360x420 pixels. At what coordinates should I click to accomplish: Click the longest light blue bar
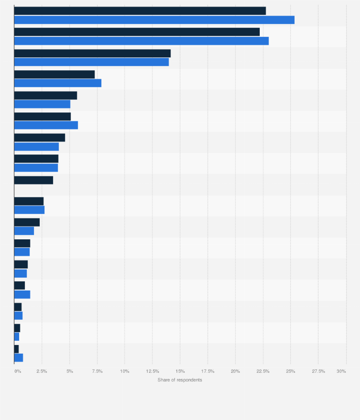(x=154, y=20)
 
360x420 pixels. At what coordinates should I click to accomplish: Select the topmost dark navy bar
(x=140, y=11)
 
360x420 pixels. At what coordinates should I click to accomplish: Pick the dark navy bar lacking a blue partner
(x=33, y=180)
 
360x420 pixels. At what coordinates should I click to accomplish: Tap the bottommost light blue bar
(x=19, y=357)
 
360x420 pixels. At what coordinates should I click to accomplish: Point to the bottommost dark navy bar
(x=16, y=349)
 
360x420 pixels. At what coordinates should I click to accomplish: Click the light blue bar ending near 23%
(x=141, y=41)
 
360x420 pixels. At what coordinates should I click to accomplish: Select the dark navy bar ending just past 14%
(x=92, y=53)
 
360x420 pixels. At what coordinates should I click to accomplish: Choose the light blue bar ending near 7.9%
(x=58, y=83)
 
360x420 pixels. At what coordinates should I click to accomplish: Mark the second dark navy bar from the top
(x=137, y=32)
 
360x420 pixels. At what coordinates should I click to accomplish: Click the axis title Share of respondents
(x=180, y=380)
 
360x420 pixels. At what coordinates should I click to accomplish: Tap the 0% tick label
(x=17, y=371)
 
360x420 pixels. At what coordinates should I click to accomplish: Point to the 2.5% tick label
(x=42, y=371)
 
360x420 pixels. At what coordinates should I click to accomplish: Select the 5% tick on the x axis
(x=69, y=371)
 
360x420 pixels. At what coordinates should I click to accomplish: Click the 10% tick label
(x=125, y=371)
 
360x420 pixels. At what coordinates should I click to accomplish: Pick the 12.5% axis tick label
(x=152, y=371)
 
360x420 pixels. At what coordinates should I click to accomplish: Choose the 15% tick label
(x=180, y=371)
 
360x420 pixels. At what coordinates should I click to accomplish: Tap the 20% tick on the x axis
(x=235, y=371)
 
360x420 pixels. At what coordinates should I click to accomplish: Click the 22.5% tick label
(x=263, y=371)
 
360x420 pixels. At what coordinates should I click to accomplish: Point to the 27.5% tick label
(x=318, y=371)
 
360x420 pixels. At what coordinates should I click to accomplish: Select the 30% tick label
(x=341, y=371)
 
